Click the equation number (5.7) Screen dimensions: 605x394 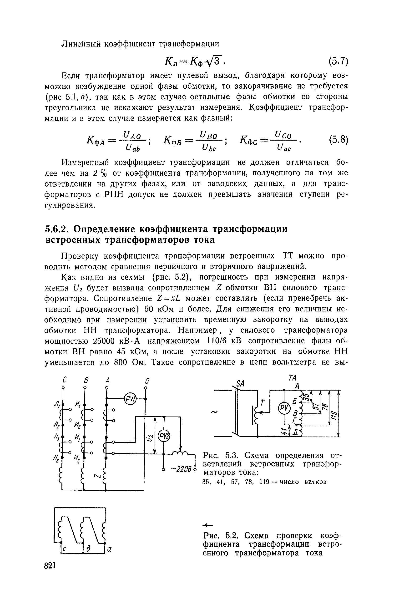pos(338,61)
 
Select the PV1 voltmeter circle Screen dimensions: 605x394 pos(130,398)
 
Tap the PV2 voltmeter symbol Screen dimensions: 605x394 pos(164,437)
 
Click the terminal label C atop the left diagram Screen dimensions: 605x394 pos(64,380)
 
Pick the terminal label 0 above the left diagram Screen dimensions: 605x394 pos(146,381)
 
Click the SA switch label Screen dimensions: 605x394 pos(240,384)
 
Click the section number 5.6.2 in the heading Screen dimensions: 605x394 pos(57,229)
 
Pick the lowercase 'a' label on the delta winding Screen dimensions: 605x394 pos(110,549)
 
